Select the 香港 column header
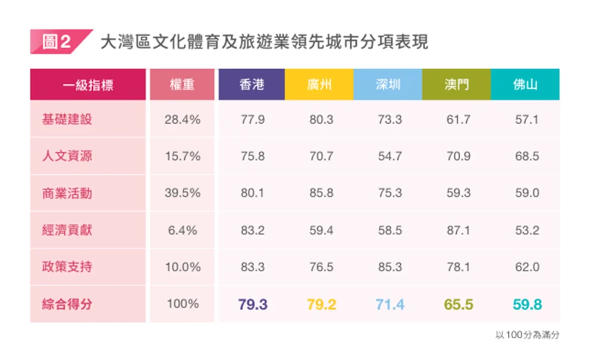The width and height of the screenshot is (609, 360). click(252, 84)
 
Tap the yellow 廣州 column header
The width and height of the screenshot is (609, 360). click(320, 84)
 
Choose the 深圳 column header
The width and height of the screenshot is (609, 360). click(388, 84)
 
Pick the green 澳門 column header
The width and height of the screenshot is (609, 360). click(457, 84)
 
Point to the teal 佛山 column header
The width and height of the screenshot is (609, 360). click(525, 84)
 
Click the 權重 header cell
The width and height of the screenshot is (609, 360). click(182, 84)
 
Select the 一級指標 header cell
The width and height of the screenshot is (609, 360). click(87, 84)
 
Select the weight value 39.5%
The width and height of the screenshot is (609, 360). click(182, 193)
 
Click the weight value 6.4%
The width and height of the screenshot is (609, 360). click(182, 230)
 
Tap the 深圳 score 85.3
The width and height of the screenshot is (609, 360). click(390, 267)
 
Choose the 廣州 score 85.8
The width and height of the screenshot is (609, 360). click(321, 193)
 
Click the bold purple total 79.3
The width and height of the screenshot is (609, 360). click(253, 305)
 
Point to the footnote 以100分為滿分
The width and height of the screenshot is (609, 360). click(527, 335)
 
